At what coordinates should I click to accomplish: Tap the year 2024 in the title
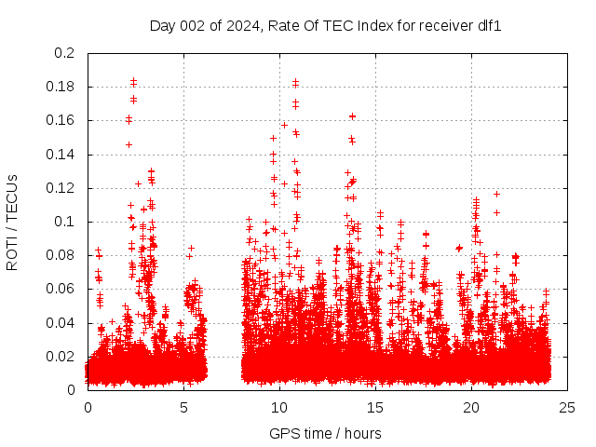242,26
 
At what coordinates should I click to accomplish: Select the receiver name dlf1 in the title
489,26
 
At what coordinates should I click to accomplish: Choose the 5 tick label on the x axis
183,407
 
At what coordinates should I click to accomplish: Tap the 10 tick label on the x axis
279,407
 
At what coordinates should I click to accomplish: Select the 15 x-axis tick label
375,407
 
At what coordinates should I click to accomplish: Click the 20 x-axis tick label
471,407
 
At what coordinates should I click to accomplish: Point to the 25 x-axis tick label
567,407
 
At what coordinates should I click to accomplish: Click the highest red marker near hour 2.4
133,81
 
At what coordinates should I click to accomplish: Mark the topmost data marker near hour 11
295,82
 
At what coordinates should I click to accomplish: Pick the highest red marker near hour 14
352,116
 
